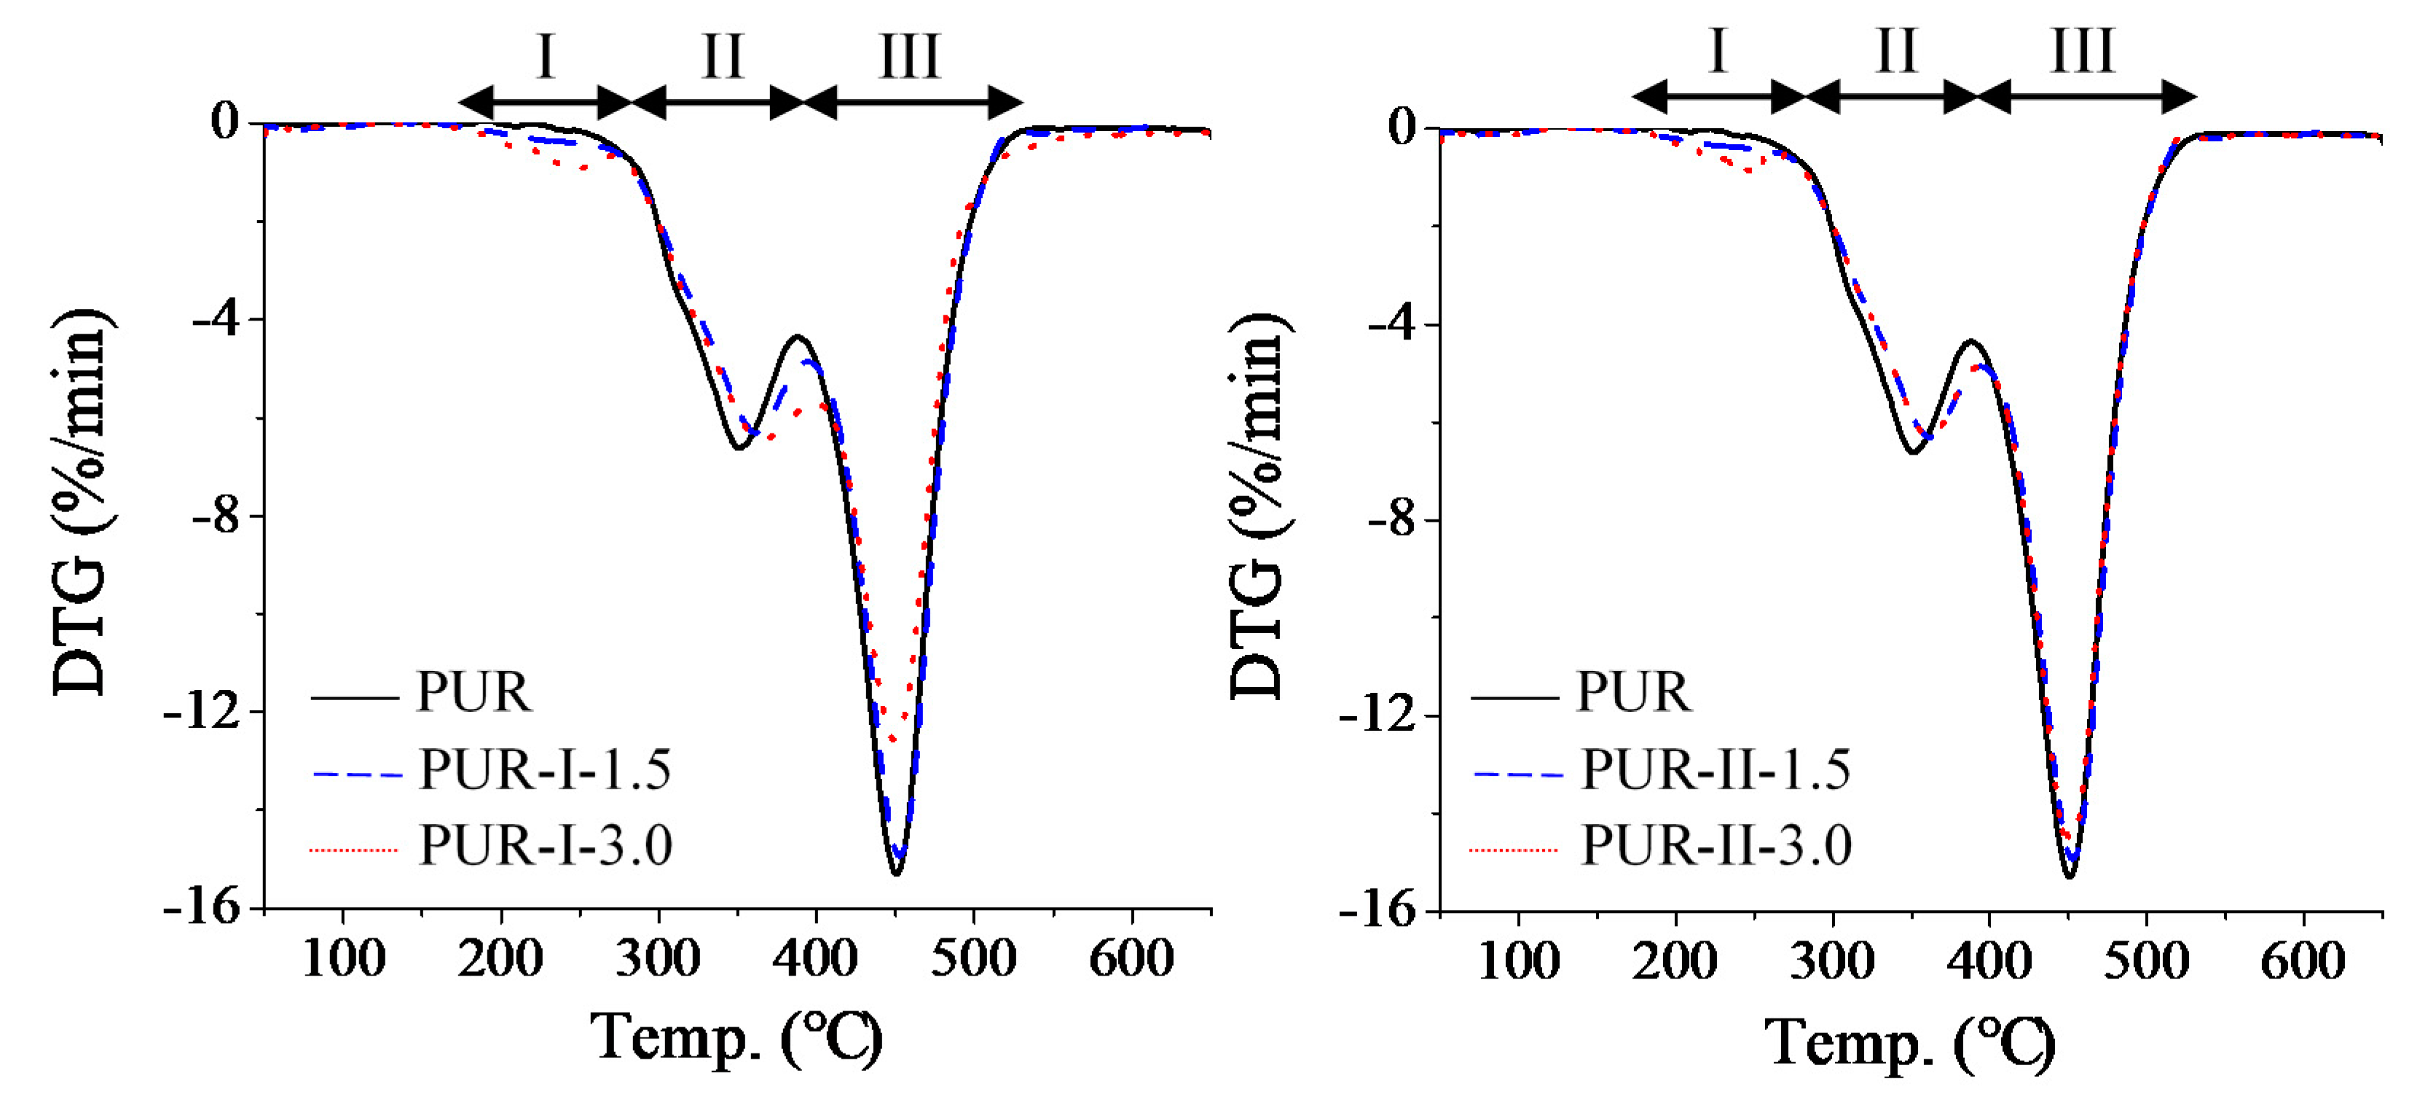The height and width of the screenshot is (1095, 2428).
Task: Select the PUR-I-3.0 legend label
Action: [545, 844]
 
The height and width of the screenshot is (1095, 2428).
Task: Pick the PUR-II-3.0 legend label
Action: [1716, 844]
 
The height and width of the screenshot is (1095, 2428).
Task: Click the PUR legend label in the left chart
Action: [474, 693]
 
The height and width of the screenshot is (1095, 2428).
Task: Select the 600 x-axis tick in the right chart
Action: [2303, 961]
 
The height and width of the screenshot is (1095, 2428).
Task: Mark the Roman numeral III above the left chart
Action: [910, 57]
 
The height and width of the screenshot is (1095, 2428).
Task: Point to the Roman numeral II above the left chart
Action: [723, 57]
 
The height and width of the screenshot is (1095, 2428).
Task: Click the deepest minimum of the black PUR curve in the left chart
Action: [896, 874]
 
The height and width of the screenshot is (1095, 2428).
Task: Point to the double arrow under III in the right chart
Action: [2085, 96]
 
